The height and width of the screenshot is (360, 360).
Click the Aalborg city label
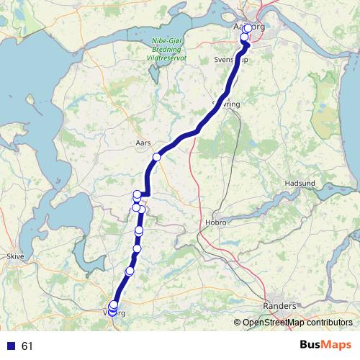coord(250,27)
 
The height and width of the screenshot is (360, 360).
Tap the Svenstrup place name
coord(232,60)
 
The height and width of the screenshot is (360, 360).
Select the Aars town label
coord(143,143)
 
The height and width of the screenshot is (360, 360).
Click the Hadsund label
coord(300,183)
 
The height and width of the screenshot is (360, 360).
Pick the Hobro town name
coord(216,222)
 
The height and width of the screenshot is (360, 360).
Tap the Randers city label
coord(280,305)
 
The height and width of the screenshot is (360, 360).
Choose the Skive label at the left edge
coord(14,256)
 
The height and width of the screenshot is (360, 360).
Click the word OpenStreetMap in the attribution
coord(272,323)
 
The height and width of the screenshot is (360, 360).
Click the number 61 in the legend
coord(28,346)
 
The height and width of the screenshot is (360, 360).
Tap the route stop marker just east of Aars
coord(156,156)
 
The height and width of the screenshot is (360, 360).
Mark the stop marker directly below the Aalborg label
coord(244,37)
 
